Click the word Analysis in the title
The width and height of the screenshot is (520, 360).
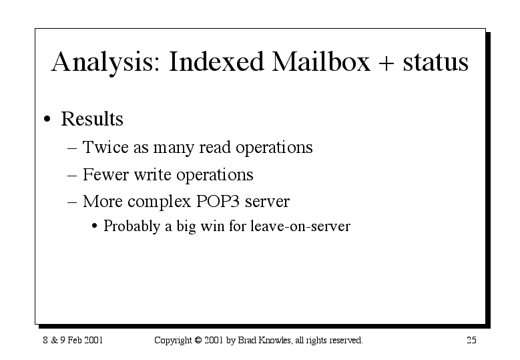pyautogui.click(x=105, y=63)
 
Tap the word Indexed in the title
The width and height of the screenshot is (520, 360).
pyautogui.click(x=216, y=61)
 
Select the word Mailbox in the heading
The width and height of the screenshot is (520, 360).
pyautogui.click(x=320, y=61)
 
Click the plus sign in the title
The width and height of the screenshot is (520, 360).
pyautogui.click(x=386, y=63)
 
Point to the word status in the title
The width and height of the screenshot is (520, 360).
pyautogui.click(x=435, y=62)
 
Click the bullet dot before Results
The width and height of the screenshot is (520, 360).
pyautogui.click(x=47, y=119)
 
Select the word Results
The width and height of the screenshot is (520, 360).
pyautogui.click(x=92, y=118)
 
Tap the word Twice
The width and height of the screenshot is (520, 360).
pyautogui.click(x=105, y=147)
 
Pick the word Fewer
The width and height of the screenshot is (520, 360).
pyautogui.click(x=105, y=174)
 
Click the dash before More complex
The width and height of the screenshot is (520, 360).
pyautogui.click(x=72, y=202)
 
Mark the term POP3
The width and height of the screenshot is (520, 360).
pyautogui.click(x=218, y=201)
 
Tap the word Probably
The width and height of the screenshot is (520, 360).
pyautogui.click(x=132, y=226)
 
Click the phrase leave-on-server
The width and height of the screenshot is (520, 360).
pyautogui.click(x=300, y=226)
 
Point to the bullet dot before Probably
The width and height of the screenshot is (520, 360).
pyautogui.click(x=95, y=226)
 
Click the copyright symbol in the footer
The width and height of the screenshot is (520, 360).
pyautogui.click(x=198, y=340)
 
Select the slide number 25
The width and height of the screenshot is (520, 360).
pyautogui.click(x=471, y=340)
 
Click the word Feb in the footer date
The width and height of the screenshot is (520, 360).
pyautogui.click(x=75, y=340)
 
